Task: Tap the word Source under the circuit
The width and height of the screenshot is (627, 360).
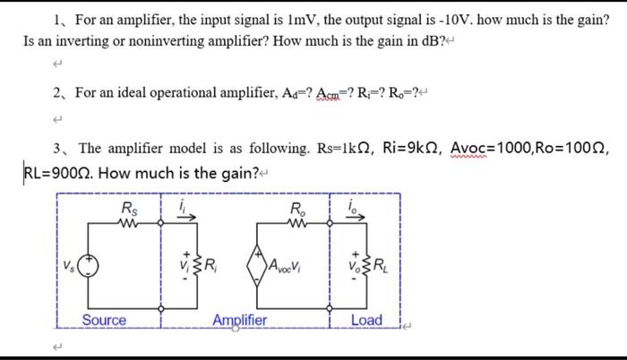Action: point(104,321)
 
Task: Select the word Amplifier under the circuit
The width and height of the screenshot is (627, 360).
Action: point(241,321)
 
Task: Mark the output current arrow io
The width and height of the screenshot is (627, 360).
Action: point(354,214)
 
